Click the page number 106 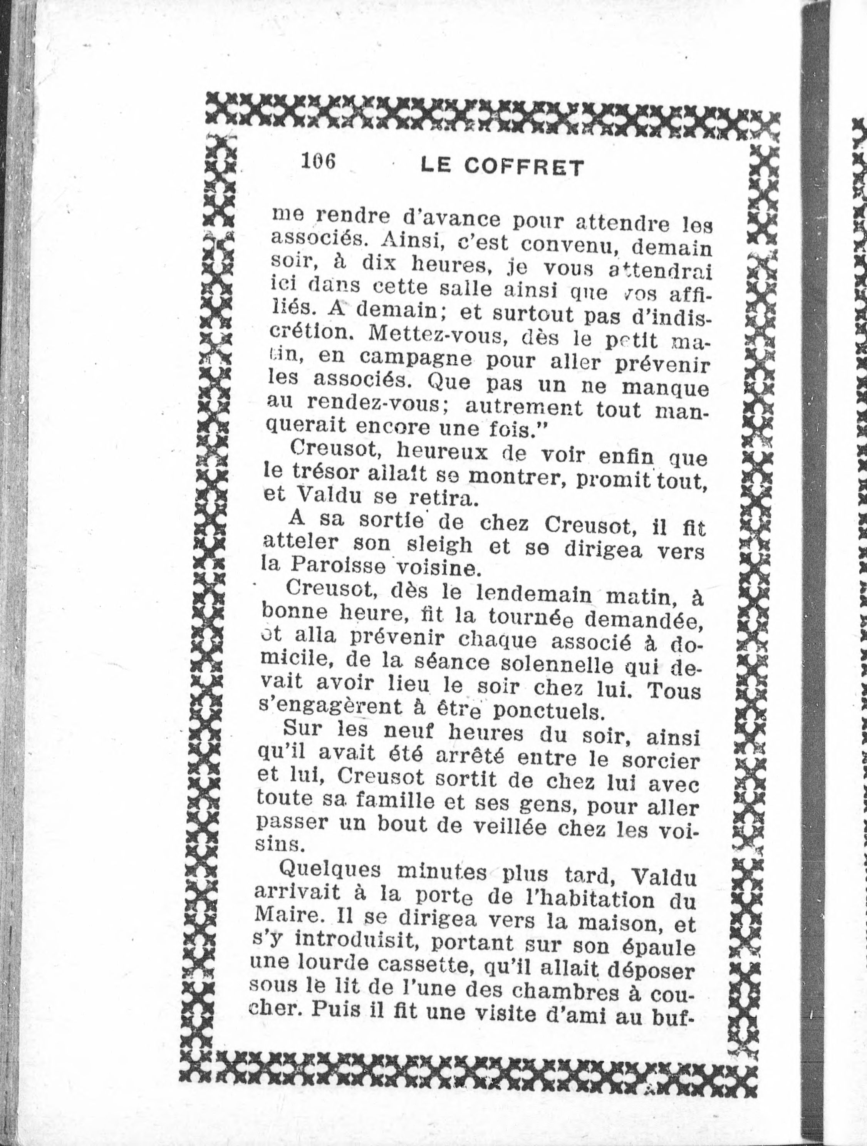click(x=319, y=162)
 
